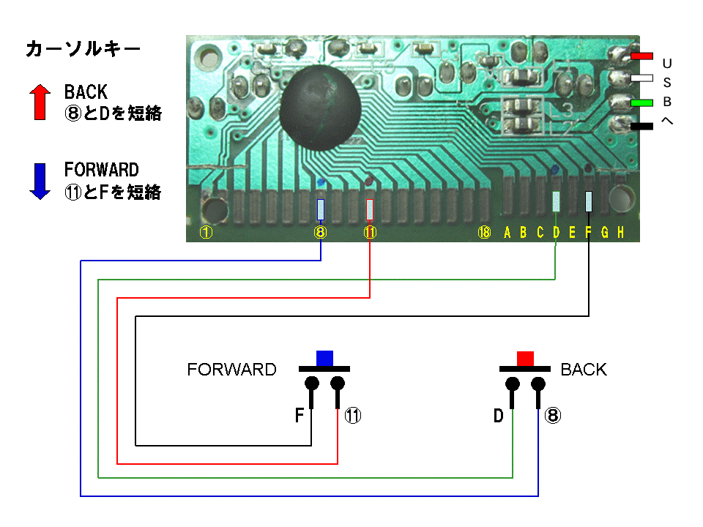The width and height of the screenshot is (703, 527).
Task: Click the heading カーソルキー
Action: (x=82, y=50)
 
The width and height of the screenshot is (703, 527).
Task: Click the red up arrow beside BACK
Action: (x=40, y=102)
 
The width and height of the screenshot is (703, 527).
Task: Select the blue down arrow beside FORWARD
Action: (x=40, y=181)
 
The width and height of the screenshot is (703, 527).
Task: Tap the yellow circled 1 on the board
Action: (x=207, y=233)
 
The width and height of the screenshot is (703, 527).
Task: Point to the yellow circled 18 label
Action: (x=483, y=233)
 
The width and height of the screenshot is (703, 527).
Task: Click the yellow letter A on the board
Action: (x=507, y=233)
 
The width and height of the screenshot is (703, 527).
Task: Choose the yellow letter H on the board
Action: (x=620, y=233)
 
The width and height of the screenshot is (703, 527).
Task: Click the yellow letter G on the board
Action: (x=605, y=233)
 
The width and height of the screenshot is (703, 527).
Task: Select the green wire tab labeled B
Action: (x=642, y=103)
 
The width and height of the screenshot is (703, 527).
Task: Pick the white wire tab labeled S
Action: (x=642, y=78)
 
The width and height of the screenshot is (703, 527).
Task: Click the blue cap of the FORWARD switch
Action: (x=324, y=358)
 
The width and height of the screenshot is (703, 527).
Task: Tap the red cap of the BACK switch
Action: (x=525, y=358)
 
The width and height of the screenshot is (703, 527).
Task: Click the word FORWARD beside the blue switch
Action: (x=231, y=370)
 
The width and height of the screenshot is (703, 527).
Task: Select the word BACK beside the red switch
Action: (x=584, y=370)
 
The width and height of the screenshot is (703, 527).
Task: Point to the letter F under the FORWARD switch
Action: (x=299, y=416)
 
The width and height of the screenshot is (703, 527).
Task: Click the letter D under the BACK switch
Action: (x=498, y=416)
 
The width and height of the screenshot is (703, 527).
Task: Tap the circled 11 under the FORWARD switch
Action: (x=353, y=416)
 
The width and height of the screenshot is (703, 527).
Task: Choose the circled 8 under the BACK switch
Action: (x=553, y=416)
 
